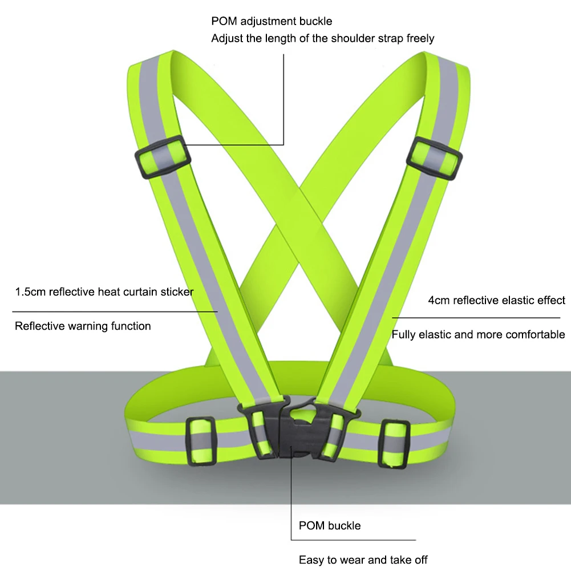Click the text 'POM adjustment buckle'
(272, 21)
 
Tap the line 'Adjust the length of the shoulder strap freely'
(322, 39)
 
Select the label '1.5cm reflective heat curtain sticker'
(104, 292)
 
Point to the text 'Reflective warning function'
(83, 326)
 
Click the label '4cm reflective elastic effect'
(496, 300)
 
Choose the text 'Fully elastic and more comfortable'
(478, 334)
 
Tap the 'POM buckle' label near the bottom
(330, 525)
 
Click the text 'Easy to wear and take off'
(363, 560)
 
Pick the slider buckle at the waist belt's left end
(200, 441)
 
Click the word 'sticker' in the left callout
(177, 292)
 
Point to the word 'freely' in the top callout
(420, 39)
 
